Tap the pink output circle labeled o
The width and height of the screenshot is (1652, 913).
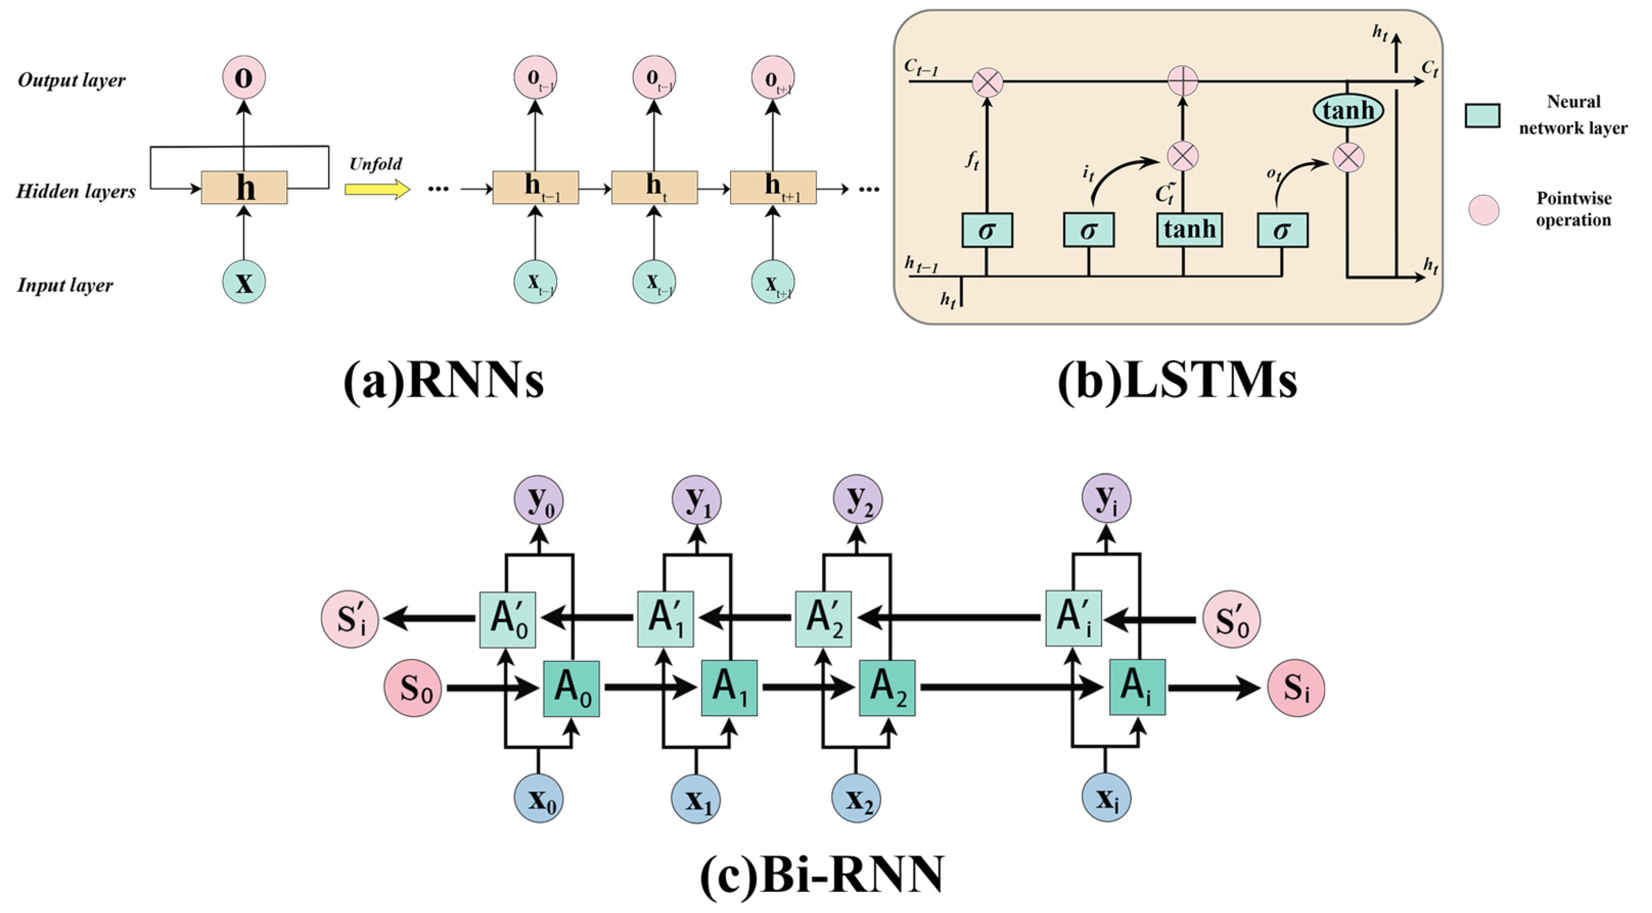(x=244, y=78)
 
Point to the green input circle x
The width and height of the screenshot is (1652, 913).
(x=244, y=282)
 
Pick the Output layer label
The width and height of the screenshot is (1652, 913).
(x=71, y=81)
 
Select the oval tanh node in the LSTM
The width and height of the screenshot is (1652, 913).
(x=1348, y=110)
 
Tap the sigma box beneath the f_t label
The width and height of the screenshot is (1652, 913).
(x=987, y=230)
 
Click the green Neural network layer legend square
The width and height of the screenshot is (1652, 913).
(x=1482, y=115)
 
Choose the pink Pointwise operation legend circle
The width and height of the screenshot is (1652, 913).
(x=1484, y=209)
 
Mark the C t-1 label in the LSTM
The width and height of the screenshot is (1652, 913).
(x=922, y=67)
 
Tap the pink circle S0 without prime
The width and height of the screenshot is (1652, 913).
(x=413, y=689)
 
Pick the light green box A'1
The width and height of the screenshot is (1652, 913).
(x=665, y=619)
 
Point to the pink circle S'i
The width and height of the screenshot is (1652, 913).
(x=350, y=619)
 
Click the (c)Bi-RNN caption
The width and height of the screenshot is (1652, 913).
(x=822, y=875)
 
